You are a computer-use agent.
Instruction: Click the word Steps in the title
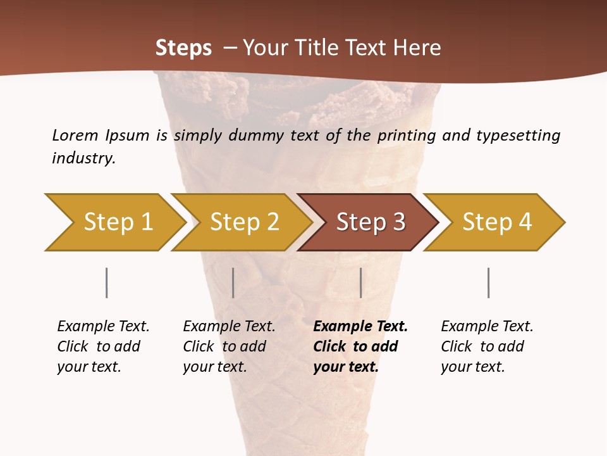[x=183, y=48]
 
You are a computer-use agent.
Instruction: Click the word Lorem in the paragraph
[x=75, y=135]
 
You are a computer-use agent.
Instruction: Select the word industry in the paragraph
[x=83, y=158]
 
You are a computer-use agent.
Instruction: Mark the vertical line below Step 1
[x=107, y=282]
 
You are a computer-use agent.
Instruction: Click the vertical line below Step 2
[x=233, y=282]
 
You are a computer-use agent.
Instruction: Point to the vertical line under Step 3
[x=361, y=282]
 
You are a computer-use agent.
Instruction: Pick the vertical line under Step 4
[x=489, y=282]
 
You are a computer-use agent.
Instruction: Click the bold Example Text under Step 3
[x=360, y=327]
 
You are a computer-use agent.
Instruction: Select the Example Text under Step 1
[x=103, y=327]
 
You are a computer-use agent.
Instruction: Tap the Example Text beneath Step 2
[x=229, y=327]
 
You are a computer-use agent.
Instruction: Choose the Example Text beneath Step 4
[x=487, y=327]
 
